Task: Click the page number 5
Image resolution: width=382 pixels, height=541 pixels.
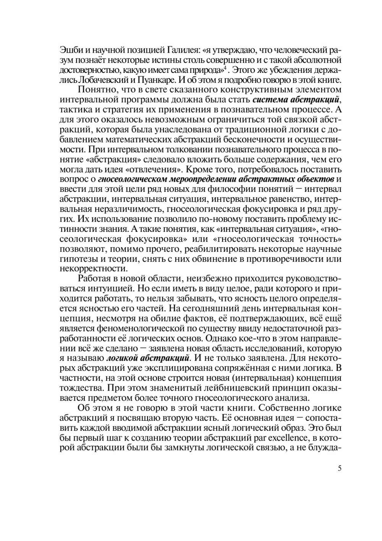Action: (339, 469)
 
